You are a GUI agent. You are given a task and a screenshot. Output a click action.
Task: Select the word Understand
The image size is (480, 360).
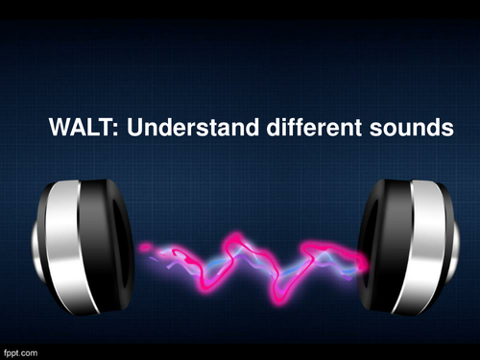pyautogui.click(x=175, y=126)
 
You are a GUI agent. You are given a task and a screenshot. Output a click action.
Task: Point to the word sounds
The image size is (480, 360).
pyautogui.click(x=405, y=126)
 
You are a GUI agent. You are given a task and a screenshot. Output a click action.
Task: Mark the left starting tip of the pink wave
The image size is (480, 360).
pyautogui.click(x=143, y=248)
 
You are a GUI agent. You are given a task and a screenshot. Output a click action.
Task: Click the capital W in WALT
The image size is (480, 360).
pyautogui.click(x=59, y=126)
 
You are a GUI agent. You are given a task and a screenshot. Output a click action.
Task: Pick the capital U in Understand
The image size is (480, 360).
pyautogui.click(x=125, y=126)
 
